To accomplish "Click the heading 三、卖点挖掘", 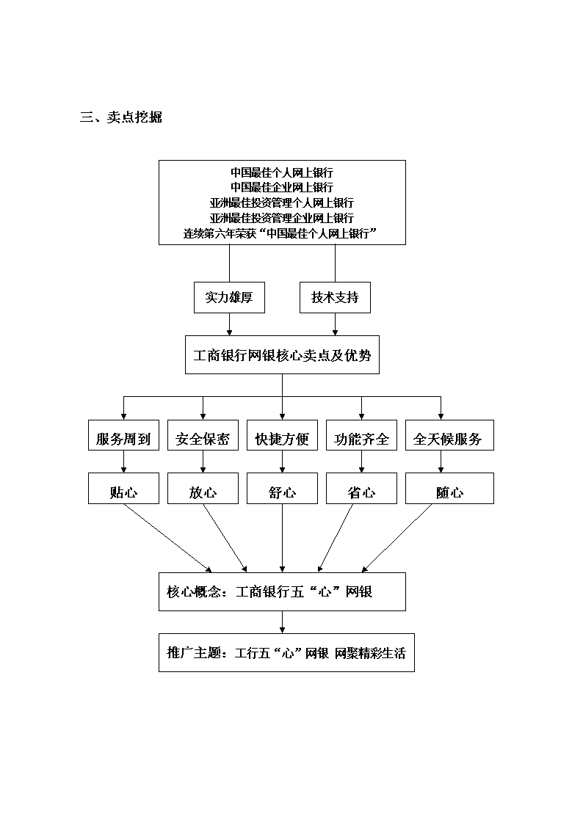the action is click(121, 117).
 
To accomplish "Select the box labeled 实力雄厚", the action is click(229, 297).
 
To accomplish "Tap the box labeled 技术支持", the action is click(335, 297).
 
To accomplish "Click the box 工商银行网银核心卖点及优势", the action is click(282, 355).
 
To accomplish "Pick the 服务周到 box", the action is click(123, 435).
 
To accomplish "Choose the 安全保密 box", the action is click(203, 435).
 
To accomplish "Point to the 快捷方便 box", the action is click(282, 435).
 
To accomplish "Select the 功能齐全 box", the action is click(362, 435).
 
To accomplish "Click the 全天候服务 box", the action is click(449, 435).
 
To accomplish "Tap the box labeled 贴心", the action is click(123, 489).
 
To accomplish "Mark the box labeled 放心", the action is click(203, 489).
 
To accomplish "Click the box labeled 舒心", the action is click(282, 489).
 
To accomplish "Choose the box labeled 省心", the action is click(362, 489).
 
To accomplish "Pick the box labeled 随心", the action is click(449, 489).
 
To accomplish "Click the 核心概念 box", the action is click(282, 591).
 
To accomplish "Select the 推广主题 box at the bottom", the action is click(286, 653).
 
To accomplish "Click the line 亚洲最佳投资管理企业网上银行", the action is click(282, 218).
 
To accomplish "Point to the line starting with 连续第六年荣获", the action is click(280, 233).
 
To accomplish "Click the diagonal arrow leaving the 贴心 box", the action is click(167, 538).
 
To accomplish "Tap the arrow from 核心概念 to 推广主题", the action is click(282, 622).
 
